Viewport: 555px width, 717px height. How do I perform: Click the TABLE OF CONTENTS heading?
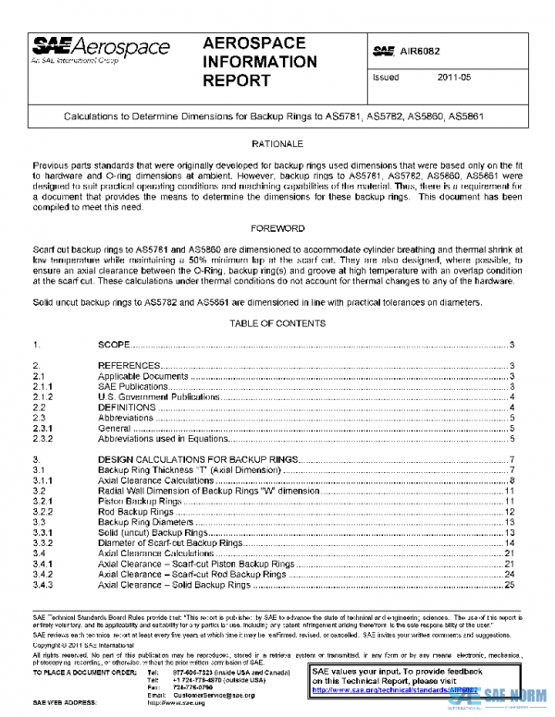(277, 323)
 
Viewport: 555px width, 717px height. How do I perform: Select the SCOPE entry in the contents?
(114, 344)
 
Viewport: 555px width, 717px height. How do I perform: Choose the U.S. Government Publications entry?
(149, 396)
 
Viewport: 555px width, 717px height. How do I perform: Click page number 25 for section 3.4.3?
(509, 585)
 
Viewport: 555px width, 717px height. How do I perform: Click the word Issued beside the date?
(385, 79)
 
